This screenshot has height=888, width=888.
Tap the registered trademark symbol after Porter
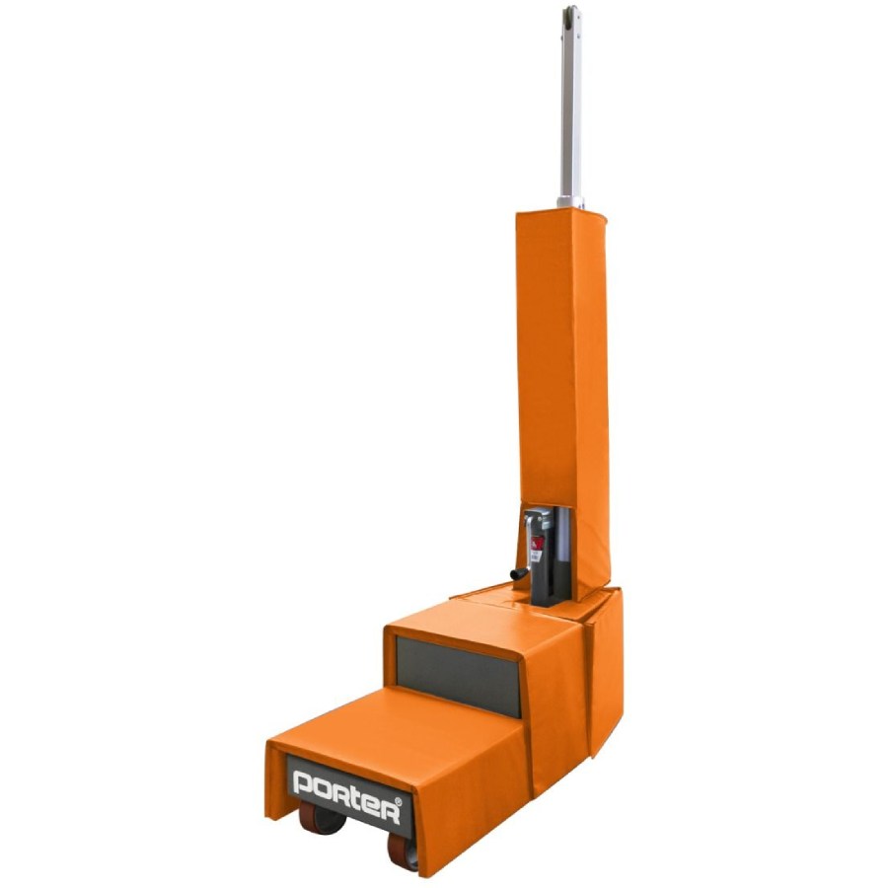pyautogui.click(x=399, y=802)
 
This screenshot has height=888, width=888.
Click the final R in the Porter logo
pyautogui.click(x=389, y=812)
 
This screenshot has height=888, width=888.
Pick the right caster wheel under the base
pyautogui.click(x=403, y=851)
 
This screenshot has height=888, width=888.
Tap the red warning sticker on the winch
pyautogui.click(x=537, y=543)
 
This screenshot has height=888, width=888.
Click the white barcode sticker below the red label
pyautogui.click(x=535, y=557)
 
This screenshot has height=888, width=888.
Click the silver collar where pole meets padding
pyautogui.click(x=570, y=202)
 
